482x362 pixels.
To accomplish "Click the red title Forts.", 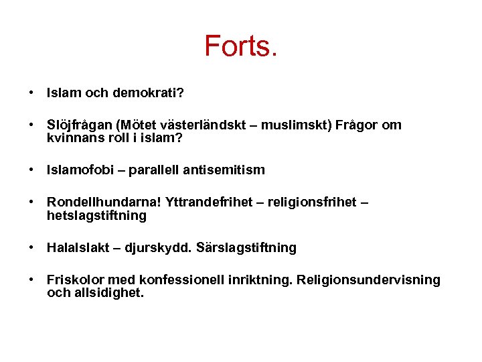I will pos(240,46).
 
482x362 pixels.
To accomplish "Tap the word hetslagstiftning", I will pos(96,215).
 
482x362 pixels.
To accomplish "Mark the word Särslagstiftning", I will pos(246,248).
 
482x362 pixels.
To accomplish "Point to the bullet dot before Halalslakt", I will pos(31,248).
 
